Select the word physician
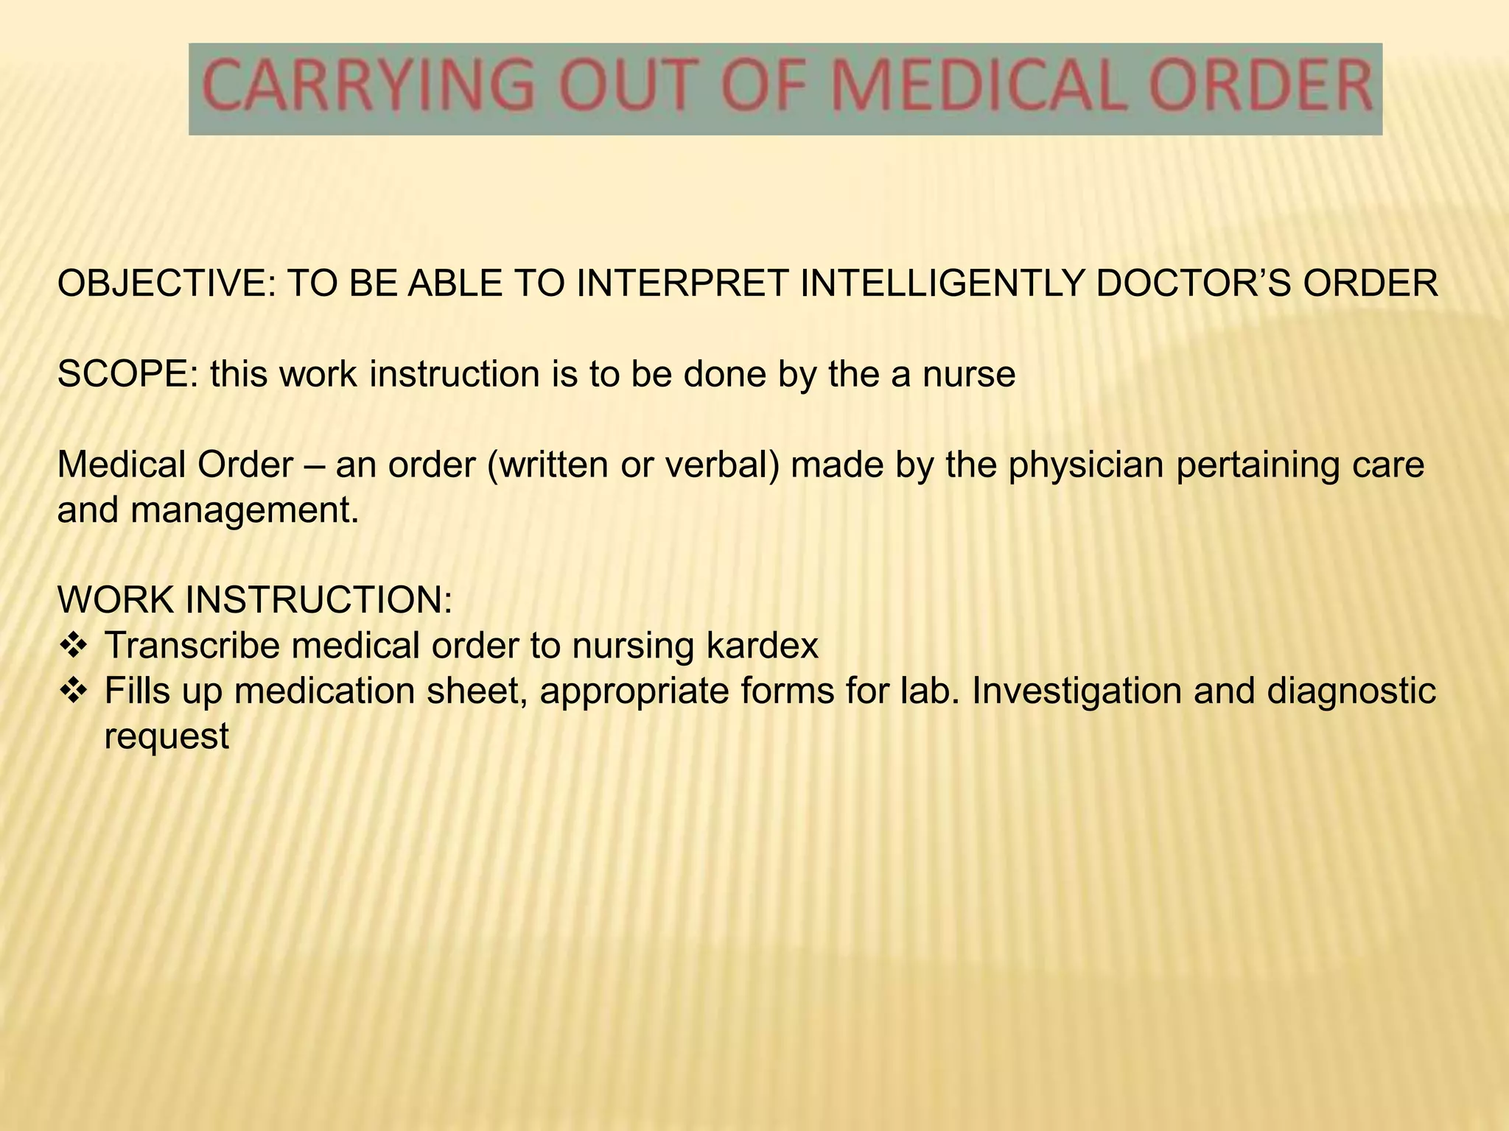click(1087, 465)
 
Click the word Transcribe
click(192, 646)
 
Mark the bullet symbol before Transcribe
click(73, 646)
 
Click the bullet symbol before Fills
click(73, 691)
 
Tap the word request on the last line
click(167, 736)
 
